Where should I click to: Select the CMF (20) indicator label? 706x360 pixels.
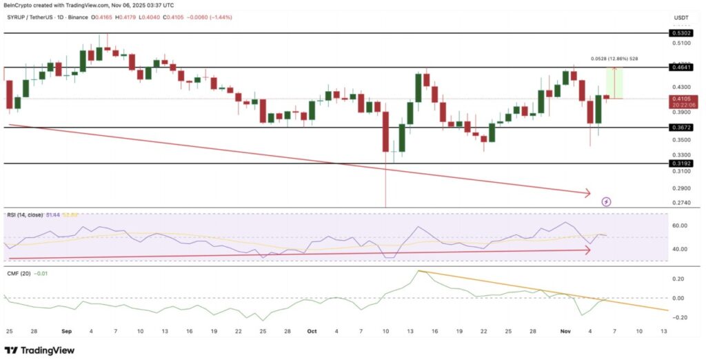tap(20, 274)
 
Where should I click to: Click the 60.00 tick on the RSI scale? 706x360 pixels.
tap(679, 226)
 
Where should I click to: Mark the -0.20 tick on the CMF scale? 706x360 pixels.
tap(679, 318)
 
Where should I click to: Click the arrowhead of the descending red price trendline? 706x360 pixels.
tap(588, 193)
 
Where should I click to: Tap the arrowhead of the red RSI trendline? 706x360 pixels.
tap(588, 250)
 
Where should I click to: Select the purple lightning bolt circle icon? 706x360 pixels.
tap(607, 201)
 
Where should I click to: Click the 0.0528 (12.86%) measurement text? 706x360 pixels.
tap(614, 59)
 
